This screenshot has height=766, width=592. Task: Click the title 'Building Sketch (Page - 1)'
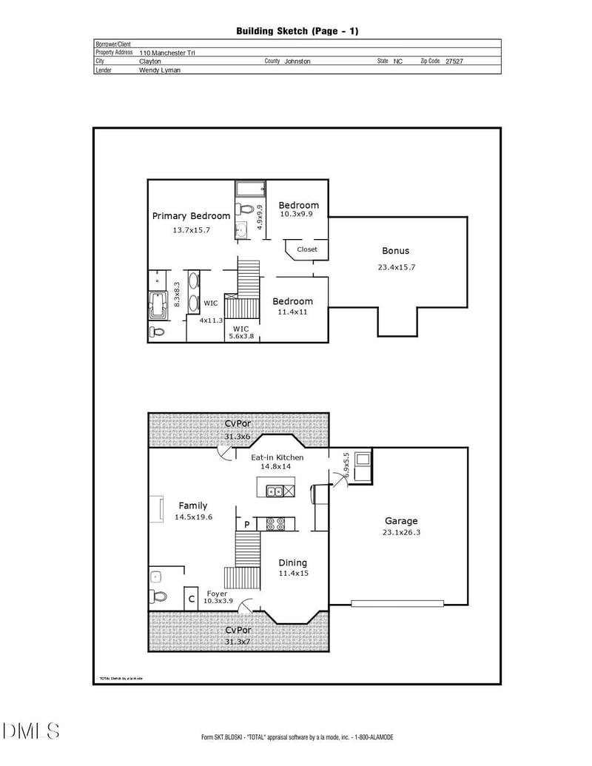pos(297,30)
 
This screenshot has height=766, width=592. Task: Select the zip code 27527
pos(454,61)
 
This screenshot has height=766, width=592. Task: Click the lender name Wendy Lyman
pos(160,70)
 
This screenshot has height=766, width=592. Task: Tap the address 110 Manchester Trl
pos(167,53)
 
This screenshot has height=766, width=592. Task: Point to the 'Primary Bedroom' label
pos(191,216)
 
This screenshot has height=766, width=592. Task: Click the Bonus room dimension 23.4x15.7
pos(395,267)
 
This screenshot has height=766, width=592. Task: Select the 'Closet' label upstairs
pos(307,249)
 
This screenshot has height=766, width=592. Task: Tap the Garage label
pos(401,521)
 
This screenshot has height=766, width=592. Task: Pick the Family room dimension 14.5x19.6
pos(193,517)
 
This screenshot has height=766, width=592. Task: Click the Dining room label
pos(293,563)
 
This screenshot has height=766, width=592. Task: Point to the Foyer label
pos(217,594)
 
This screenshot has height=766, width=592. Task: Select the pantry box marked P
pos(246,525)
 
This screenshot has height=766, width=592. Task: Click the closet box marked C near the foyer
pos(191,599)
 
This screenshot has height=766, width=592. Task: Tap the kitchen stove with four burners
pos(276,524)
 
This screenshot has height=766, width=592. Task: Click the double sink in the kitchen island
pos(274,490)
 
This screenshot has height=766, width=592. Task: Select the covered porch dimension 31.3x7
pos(238,641)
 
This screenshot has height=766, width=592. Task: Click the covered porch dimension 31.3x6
pos(238,437)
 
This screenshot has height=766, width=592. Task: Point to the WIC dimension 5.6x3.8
pos(241,336)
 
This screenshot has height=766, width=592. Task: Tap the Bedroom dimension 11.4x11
pos(292,312)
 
